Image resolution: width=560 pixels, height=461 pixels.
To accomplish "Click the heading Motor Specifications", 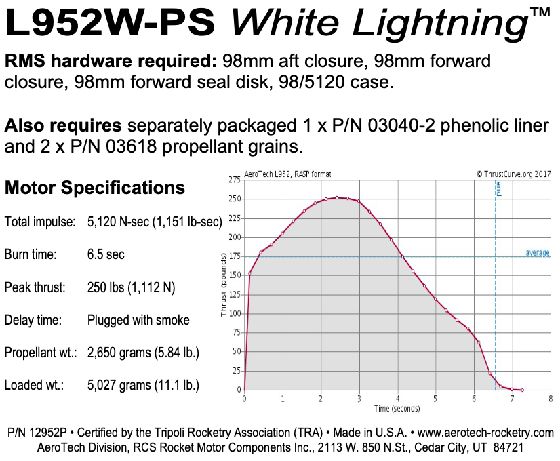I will click(x=95, y=188).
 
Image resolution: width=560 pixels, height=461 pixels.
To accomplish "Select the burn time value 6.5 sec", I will click(x=106, y=255).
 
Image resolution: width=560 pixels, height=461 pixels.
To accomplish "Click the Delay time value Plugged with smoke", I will click(x=138, y=320).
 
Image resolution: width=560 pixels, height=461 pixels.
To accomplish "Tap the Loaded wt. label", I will click(x=34, y=385).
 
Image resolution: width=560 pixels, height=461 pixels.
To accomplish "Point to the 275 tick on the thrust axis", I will click(x=235, y=180).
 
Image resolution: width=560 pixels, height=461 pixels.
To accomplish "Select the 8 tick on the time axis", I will click(x=550, y=399).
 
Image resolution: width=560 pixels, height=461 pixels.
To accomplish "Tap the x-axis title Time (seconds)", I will click(x=397, y=408).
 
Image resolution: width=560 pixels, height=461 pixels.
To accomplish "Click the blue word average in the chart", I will click(x=537, y=253).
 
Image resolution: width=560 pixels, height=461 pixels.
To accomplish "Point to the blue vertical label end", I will click(x=499, y=188).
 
